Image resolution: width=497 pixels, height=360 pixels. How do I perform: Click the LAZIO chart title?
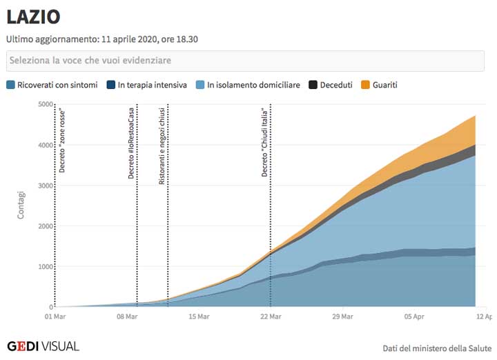33,17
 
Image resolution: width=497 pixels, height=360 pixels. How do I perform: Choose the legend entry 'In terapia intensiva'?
151,86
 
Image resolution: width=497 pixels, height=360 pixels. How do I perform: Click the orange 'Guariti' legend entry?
384,86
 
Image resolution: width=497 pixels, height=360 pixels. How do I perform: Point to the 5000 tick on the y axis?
45,105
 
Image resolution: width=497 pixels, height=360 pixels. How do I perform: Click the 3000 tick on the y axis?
45,186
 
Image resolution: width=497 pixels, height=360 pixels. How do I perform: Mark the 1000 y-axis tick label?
45,267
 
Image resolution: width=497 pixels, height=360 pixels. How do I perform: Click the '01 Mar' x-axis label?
55,317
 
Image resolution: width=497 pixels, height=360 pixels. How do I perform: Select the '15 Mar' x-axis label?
199,317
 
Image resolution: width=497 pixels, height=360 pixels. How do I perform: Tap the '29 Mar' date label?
342,317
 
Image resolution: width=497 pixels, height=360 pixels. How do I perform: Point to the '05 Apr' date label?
414,317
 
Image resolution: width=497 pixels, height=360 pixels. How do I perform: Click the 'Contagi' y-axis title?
21,206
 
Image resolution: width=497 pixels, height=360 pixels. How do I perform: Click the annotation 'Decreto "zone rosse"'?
62,141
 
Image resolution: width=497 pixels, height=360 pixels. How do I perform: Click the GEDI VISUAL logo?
43,346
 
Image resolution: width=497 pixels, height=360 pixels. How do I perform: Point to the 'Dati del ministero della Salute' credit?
437,349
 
